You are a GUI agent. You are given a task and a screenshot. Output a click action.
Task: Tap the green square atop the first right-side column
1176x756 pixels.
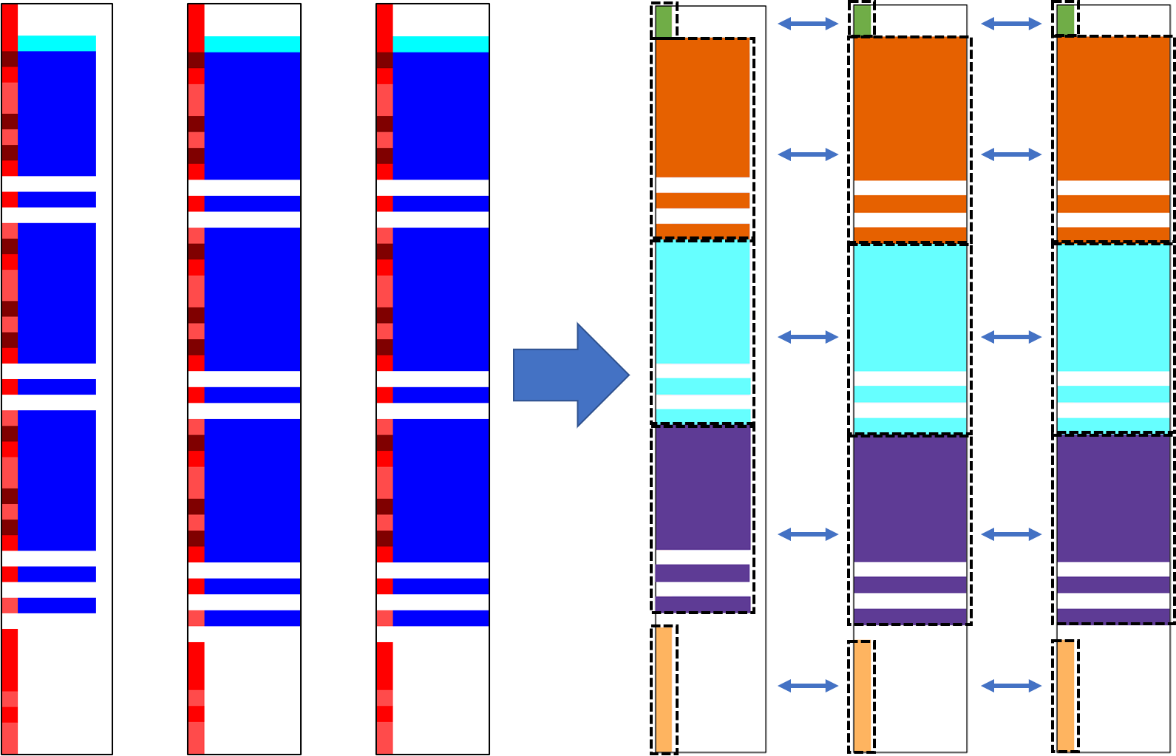point(664,21)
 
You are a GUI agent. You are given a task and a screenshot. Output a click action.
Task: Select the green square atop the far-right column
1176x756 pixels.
point(1065,20)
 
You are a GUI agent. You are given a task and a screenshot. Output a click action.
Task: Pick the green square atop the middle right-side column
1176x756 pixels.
point(862,20)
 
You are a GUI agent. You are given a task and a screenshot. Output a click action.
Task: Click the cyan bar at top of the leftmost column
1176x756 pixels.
point(57,44)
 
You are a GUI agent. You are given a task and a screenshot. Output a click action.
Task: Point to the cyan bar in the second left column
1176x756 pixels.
point(252,44)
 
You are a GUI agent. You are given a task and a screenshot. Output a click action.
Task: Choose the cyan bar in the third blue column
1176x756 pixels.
point(441,44)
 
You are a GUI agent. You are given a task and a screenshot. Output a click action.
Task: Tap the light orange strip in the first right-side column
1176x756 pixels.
point(664,689)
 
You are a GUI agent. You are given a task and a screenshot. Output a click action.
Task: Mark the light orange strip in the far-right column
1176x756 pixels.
point(1065,695)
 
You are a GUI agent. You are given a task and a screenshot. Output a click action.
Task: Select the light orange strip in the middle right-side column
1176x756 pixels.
point(862,695)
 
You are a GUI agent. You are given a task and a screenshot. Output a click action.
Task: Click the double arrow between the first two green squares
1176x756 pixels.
point(808,24)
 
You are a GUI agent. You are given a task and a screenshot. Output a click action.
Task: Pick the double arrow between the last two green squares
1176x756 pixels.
point(1011,24)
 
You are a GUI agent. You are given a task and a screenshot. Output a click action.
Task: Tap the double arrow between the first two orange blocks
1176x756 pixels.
point(808,154)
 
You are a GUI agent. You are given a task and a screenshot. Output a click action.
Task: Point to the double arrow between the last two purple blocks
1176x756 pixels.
point(1011,534)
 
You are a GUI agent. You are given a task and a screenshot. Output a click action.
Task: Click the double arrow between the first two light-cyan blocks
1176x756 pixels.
point(808,337)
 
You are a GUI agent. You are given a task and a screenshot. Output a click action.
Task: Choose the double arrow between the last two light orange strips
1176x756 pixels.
point(1011,686)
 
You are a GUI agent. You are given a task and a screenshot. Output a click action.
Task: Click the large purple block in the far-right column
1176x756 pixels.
point(1113,499)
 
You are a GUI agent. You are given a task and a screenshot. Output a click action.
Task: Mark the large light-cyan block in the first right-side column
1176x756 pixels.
point(702,303)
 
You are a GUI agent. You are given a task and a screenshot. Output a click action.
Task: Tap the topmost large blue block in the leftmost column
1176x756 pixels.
point(57,113)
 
